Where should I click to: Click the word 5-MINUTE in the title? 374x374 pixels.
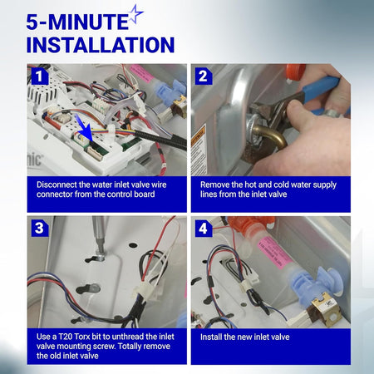pos(77,22)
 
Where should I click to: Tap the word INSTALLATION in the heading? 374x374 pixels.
pos(101,45)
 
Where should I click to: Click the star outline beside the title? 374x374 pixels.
pos(136,14)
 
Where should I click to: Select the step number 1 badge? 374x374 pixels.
pos(40,76)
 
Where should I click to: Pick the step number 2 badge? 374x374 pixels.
pos(204,76)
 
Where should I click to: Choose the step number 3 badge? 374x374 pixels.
pos(40,228)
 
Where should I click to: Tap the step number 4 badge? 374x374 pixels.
pos(204,229)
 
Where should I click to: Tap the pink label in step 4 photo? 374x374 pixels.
pos(274,252)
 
